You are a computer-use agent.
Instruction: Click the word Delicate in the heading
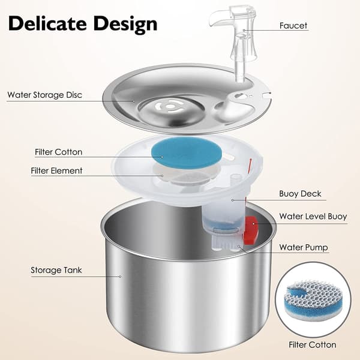tap(47, 23)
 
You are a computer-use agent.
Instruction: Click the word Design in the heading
tap(125, 25)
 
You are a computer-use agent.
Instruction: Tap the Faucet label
tap(293, 25)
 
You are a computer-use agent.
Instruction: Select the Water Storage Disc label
tap(44, 95)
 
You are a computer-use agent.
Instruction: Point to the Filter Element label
tap(56, 171)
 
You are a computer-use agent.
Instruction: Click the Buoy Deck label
tap(300, 194)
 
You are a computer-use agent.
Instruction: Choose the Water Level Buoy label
tap(313, 217)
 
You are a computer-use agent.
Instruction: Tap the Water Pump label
tap(304, 247)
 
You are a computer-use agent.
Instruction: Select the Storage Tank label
tap(56, 270)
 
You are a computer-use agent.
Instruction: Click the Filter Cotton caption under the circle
tap(312, 345)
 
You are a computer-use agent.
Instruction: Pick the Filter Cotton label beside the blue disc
tap(59, 152)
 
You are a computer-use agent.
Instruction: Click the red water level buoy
tap(251, 230)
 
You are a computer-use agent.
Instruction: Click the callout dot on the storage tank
tap(120, 277)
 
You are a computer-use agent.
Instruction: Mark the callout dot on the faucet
tap(244, 30)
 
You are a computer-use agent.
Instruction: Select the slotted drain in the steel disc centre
tap(170, 107)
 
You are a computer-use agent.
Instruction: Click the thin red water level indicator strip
tap(250, 166)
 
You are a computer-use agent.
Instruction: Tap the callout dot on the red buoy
tap(253, 223)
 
